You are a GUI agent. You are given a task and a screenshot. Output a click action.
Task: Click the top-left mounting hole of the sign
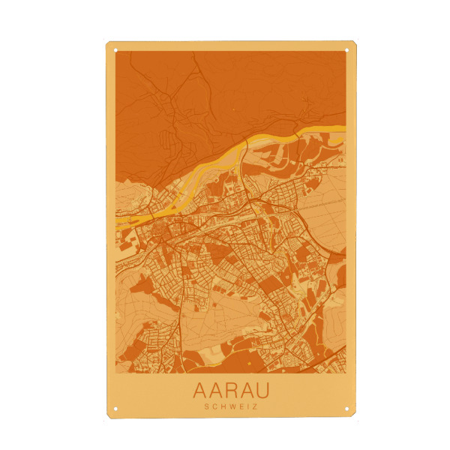(x=116, y=50)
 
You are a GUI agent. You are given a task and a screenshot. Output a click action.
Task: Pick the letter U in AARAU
(x=262, y=391)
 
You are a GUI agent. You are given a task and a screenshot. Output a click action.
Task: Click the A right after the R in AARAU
(x=246, y=391)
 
